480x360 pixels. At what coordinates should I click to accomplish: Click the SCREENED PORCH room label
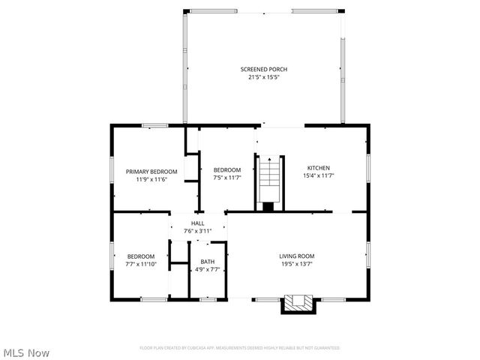click(x=263, y=69)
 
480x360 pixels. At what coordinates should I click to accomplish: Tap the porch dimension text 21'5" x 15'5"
click(x=263, y=76)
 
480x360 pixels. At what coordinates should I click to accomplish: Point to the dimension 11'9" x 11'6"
click(x=151, y=179)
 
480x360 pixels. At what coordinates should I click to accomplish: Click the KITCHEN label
click(x=318, y=168)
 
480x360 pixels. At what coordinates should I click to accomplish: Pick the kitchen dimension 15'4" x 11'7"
click(x=318, y=175)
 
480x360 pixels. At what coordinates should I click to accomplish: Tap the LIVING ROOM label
click(x=296, y=256)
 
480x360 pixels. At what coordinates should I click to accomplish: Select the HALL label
click(x=198, y=223)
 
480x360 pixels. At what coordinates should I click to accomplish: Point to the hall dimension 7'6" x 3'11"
click(x=198, y=231)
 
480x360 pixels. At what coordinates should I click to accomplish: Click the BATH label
click(x=207, y=262)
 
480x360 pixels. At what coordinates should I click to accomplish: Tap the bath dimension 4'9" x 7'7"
click(x=207, y=269)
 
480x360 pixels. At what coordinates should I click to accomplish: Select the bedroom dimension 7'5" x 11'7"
click(x=226, y=178)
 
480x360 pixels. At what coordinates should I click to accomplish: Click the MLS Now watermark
click(x=26, y=352)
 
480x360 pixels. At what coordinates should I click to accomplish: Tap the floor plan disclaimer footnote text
click(x=240, y=348)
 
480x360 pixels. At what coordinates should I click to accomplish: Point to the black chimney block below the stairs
click(x=268, y=206)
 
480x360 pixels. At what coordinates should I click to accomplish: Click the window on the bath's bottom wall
click(x=208, y=300)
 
